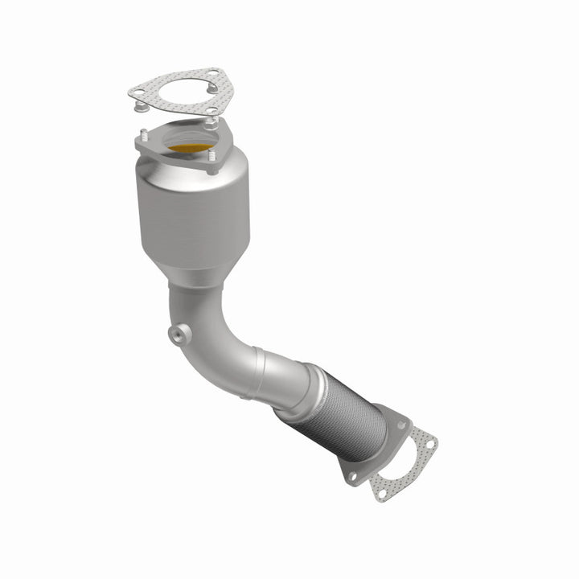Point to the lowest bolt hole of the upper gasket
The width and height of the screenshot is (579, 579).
210,112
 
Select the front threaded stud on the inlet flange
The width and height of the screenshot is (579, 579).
212,165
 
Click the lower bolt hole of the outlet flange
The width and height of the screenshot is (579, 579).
352,476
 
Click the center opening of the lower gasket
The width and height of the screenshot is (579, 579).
407,465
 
